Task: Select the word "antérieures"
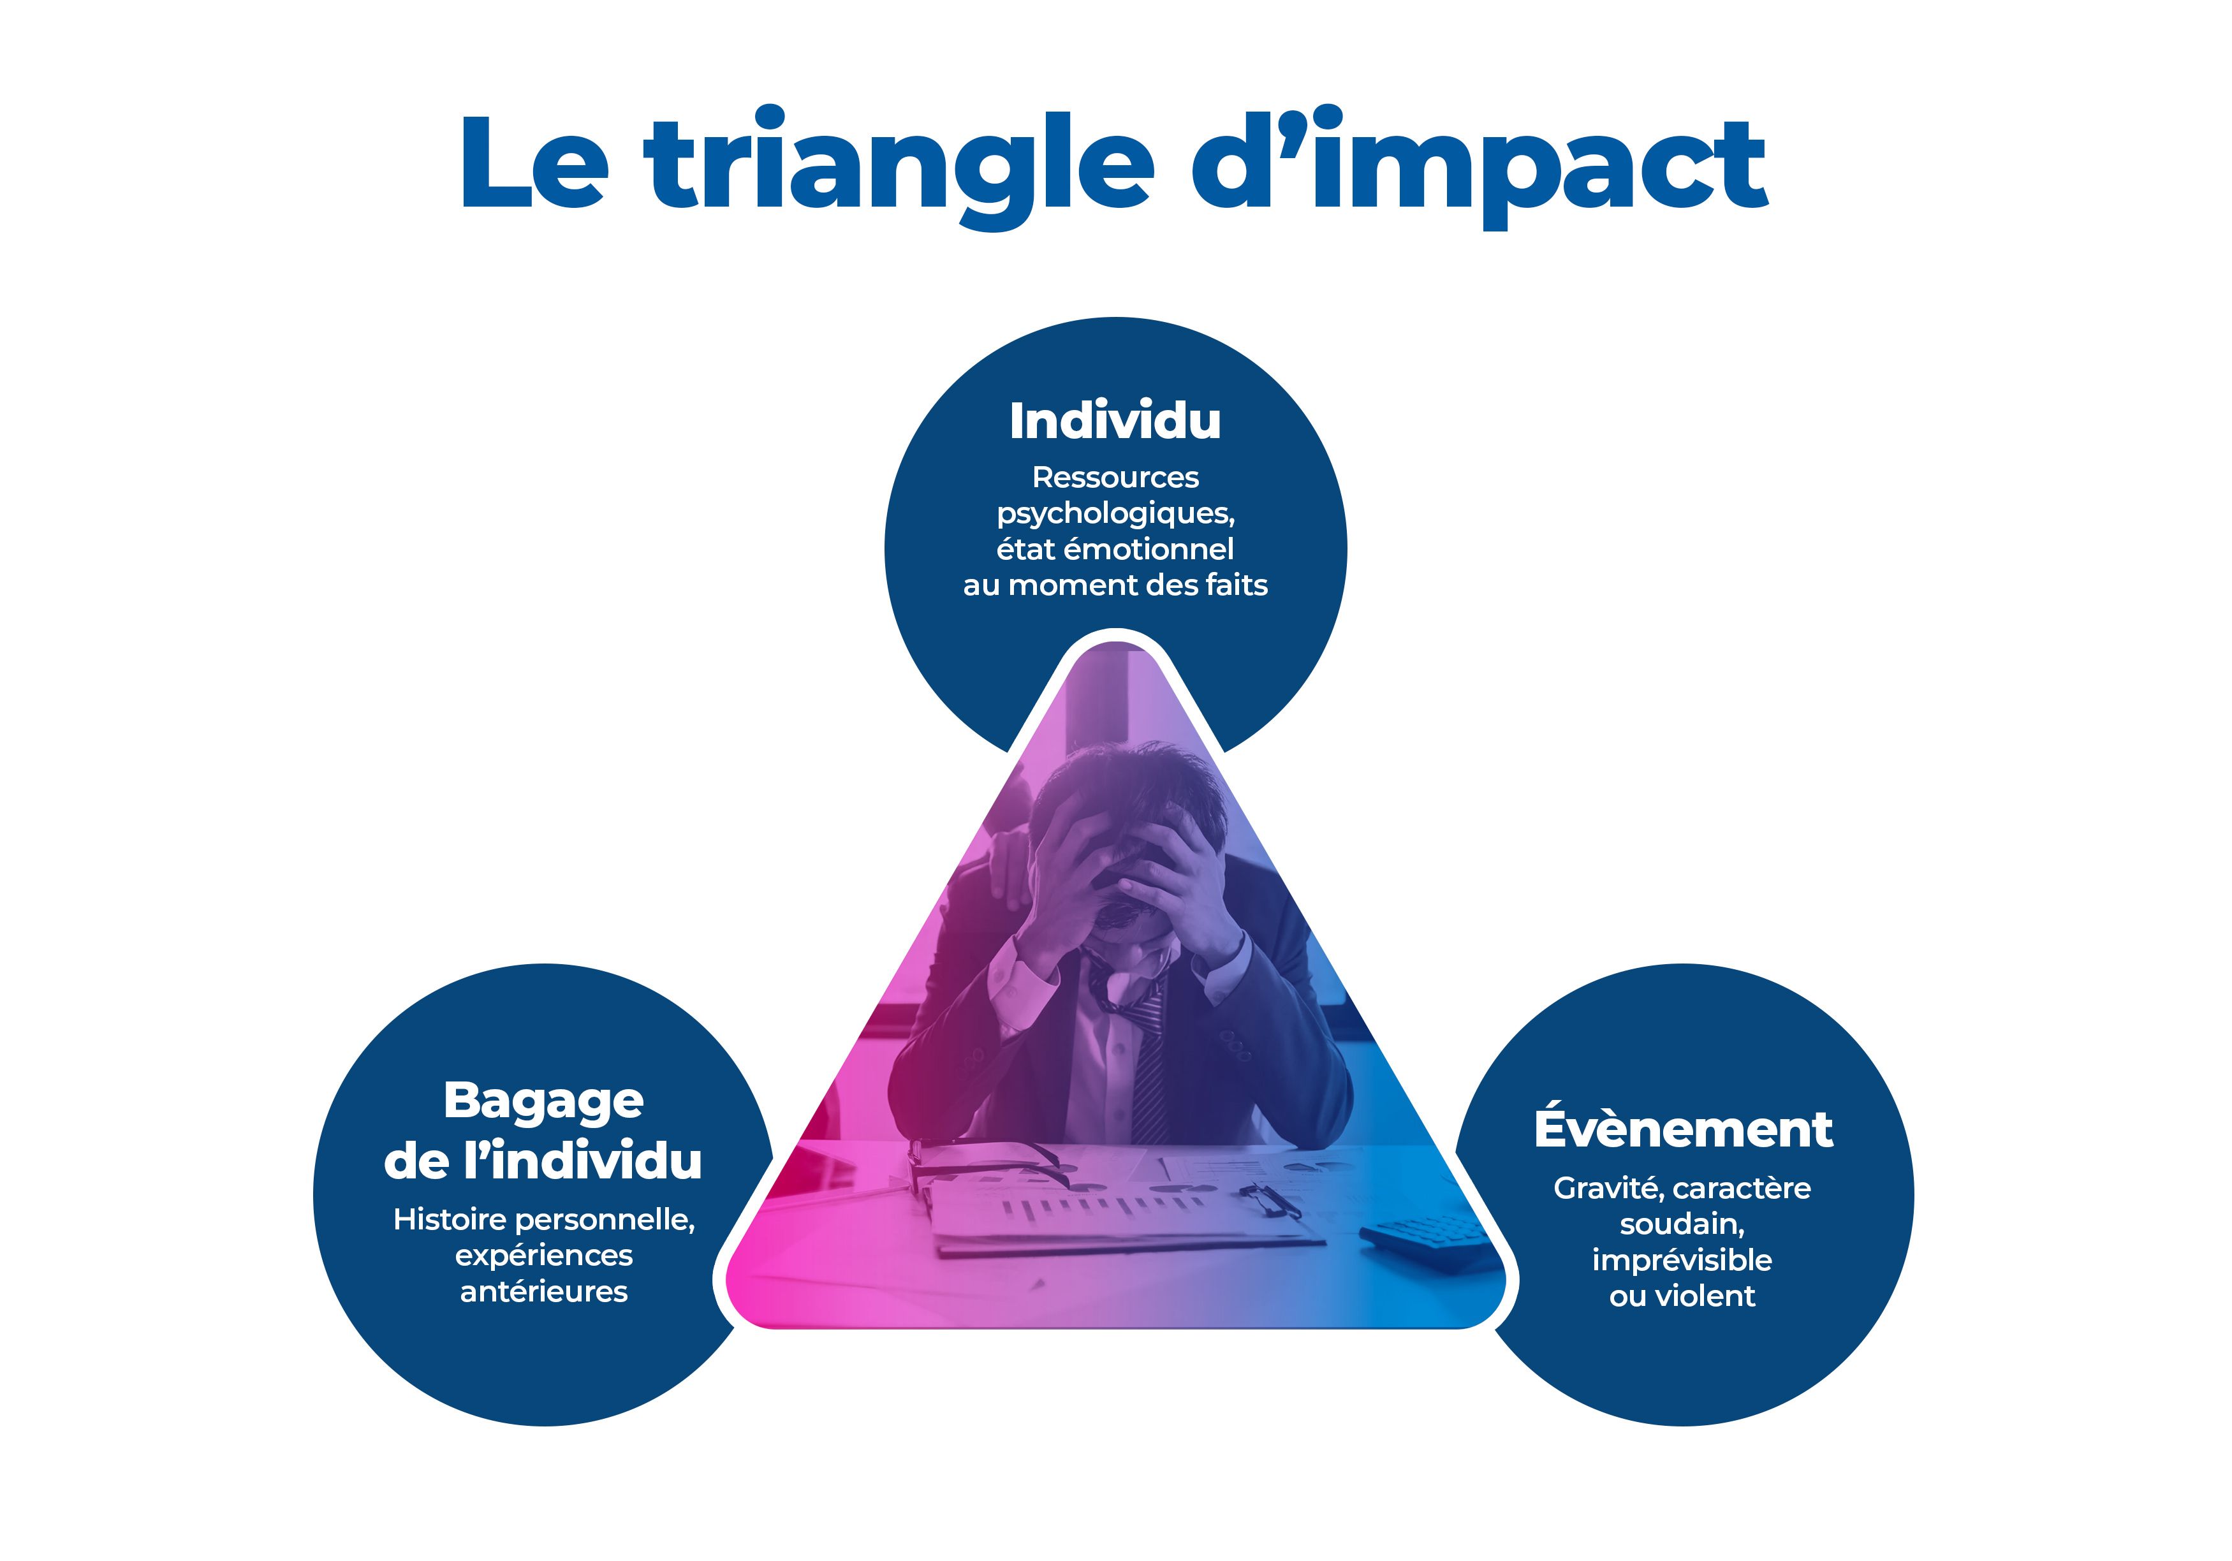point(543,1292)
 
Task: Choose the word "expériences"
point(543,1257)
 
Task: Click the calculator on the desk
point(1427,1242)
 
